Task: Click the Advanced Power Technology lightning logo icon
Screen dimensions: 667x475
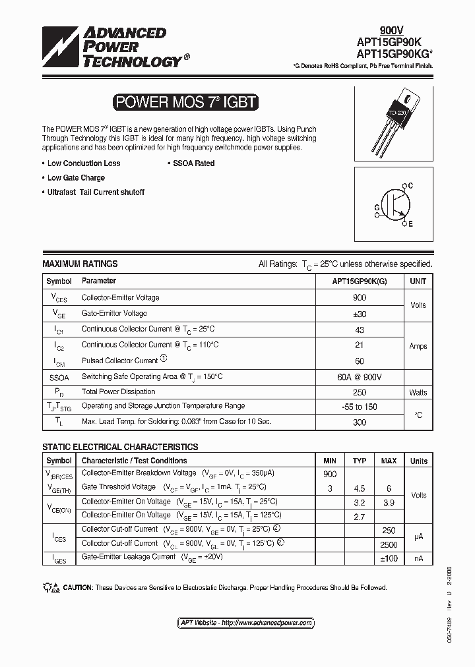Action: (60, 48)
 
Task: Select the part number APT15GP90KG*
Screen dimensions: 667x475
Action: (396, 53)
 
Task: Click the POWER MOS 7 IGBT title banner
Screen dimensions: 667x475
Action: (185, 102)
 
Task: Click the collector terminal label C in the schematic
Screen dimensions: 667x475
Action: (410, 187)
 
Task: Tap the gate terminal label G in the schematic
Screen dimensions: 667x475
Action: (377, 207)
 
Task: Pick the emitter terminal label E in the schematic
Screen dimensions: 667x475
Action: (410, 225)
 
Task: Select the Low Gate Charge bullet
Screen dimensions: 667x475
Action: (75, 178)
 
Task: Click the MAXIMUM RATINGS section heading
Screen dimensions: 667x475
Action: (80, 264)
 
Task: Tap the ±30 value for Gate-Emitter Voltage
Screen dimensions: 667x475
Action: (360, 314)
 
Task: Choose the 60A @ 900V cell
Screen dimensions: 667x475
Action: (360, 376)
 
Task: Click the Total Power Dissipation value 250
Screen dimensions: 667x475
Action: (360, 392)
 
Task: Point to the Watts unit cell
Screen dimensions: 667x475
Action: (418, 392)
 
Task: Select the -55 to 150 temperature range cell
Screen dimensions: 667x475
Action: (360, 407)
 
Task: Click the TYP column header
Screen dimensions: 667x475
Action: (360, 461)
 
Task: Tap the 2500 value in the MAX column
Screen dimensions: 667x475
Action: (389, 544)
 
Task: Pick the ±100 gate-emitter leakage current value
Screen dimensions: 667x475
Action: (389, 558)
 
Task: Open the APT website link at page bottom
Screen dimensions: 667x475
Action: (246, 623)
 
